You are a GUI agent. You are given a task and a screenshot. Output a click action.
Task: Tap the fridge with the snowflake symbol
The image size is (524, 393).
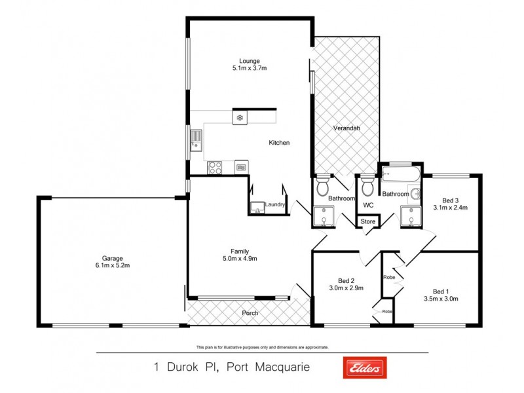tap(240, 118)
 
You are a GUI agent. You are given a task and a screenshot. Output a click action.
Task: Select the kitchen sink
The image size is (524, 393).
tap(196, 140)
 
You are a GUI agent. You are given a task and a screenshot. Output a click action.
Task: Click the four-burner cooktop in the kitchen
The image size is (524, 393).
tap(215, 168)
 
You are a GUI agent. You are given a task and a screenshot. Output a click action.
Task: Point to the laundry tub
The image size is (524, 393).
tap(257, 208)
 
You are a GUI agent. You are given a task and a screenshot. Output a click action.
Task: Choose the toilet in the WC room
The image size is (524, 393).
tap(367, 186)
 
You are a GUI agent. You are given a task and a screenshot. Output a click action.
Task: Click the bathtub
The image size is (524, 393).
tap(399, 176)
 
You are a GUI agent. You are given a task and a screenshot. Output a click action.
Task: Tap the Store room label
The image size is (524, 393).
tap(368, 221)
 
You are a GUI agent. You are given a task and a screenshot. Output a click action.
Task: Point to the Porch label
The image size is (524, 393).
tap(250, 313)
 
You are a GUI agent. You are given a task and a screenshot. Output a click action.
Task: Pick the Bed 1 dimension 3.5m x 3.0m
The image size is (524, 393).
tap(441, 299)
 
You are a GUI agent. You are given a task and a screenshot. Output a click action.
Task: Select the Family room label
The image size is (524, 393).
tap(238, 251)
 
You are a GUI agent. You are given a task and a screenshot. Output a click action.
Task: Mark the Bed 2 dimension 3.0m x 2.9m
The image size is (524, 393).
tap(346, 287)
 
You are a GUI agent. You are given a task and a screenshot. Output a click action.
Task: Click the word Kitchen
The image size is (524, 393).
tap(279, 143)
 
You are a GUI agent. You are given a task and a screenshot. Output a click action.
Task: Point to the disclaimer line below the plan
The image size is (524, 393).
tap(262, 347)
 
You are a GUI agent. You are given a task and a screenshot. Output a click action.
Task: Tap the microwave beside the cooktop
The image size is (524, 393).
tap(241, 168)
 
